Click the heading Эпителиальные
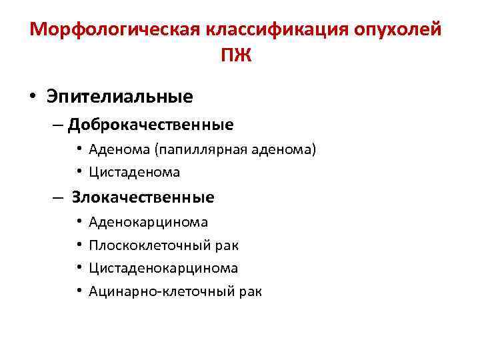119,97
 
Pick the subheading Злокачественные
143,197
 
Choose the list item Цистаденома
134,172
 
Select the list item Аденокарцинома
148,222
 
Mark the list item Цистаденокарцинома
163,268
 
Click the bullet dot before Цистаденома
79,172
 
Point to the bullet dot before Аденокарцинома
79,222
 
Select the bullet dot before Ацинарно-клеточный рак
79,291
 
